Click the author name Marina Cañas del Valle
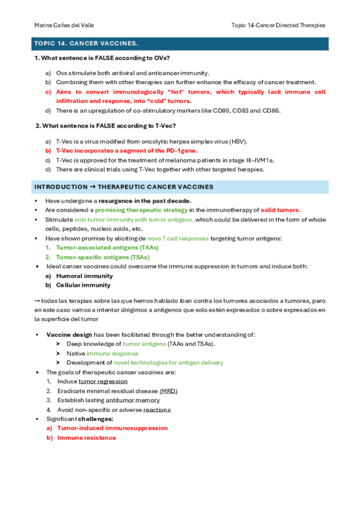coord(64,25)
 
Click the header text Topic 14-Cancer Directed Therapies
coord(278,25)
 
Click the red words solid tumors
coord(281,210)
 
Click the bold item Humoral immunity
coord(84,275)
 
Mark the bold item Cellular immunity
coord(83,285)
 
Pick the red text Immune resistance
coord(87,438)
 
